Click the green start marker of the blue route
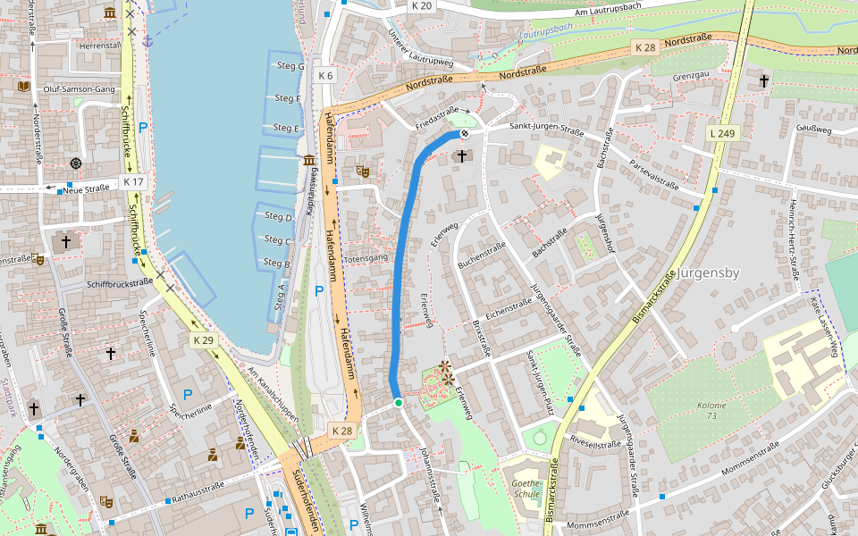click(399, 403)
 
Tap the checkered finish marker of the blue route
click(464, 134)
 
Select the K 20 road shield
click(422, 5)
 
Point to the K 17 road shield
click(133, 181)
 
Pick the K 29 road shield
click(204, 340)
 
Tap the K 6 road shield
click(325, 76)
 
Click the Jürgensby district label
click(708, 272)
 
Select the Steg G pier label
click(289, 67)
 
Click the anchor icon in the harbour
click(149, 39)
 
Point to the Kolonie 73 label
click(711, 410)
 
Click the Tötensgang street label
click(365, 258)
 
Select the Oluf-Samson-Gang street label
click(80, 89)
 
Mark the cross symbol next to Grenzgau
click(763, 81)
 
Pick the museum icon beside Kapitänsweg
click(308, 160)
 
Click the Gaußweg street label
click(813, 130)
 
